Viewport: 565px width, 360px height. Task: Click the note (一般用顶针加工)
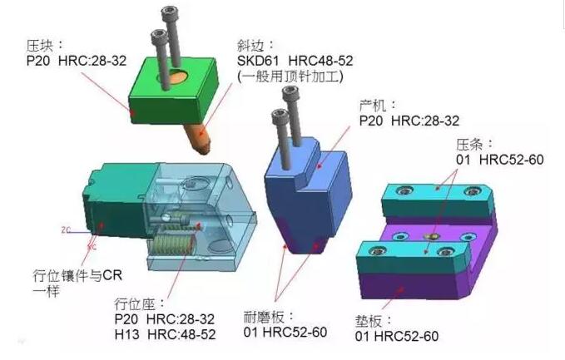290,76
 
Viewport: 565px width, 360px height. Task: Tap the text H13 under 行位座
126,334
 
